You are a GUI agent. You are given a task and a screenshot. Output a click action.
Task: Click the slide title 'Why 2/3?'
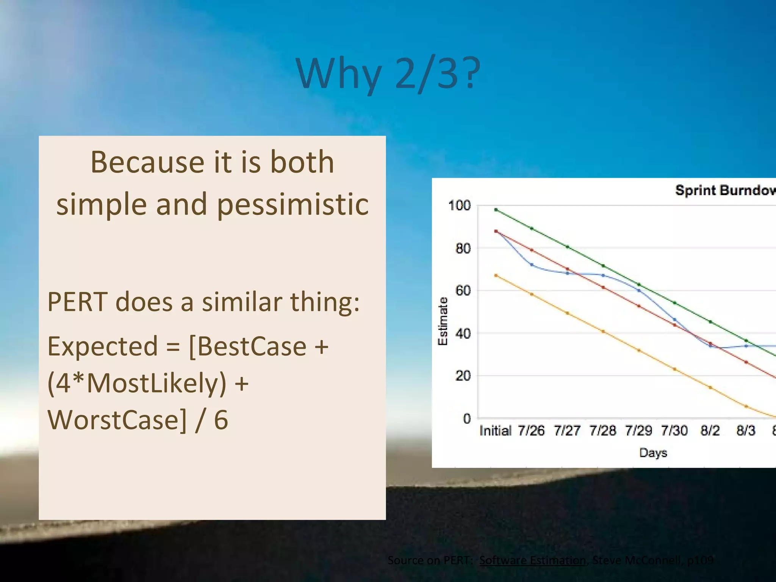[388, 74]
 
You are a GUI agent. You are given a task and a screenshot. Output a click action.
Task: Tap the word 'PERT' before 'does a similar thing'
[77, 302]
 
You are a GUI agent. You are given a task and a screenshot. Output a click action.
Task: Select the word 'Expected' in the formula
[102, 346]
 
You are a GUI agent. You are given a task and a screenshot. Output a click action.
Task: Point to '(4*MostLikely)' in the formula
[137, 383]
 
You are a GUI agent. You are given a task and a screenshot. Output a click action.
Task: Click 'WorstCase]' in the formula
[117, 420]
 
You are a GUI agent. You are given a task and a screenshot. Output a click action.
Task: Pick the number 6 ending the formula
[221, 420]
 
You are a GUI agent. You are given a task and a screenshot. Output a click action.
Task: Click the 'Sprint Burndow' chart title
[724, 190]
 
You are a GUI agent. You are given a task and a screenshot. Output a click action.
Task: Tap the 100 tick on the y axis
[459, 206]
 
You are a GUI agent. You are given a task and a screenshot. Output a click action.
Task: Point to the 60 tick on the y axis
[463, 291]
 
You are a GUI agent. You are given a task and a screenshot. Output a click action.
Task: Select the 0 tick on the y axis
[467, 419]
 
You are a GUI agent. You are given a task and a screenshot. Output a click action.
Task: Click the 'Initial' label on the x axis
[495, 431]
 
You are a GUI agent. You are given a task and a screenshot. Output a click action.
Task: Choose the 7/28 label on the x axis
[602, 431]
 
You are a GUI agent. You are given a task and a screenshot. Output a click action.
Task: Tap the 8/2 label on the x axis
[710, 431]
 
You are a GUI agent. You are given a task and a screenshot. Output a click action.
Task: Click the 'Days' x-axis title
[653, 453]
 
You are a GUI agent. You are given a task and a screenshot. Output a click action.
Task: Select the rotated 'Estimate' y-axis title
[443, 321]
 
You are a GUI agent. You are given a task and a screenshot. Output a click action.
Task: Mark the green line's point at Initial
[496, 210]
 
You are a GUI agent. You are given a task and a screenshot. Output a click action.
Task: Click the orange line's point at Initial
[496, 275]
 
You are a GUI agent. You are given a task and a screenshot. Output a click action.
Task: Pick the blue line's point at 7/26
[532, 265]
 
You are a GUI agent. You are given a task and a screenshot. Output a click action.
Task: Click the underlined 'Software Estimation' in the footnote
[532, 560]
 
